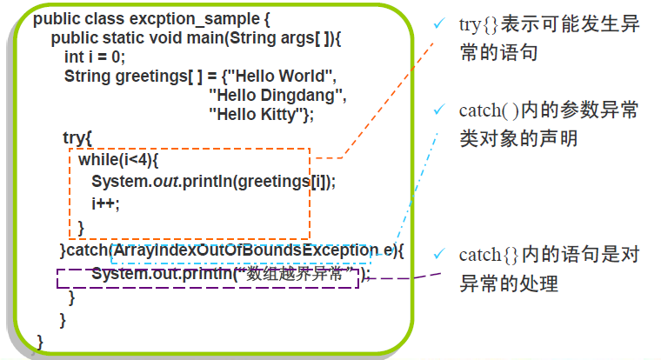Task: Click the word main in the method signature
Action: [x=202, y=38]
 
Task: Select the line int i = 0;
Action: [x=95, y=57]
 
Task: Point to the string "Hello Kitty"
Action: [x=259, y=113]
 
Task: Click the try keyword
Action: [x=73, y=137]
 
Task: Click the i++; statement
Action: [x=105, y=203]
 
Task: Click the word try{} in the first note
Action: [x=479, y=24]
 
